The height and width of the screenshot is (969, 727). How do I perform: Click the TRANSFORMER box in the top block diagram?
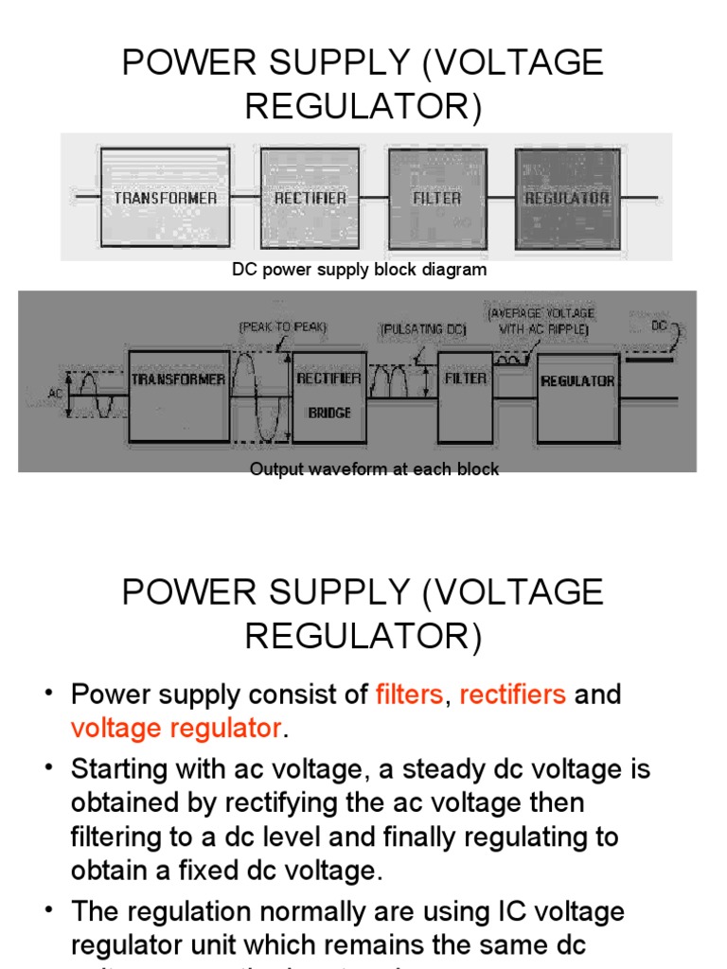[x=165, y=197]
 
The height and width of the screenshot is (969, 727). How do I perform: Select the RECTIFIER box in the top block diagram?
[x=310, y=197]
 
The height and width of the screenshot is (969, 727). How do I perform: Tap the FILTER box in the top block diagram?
[x=436, y=197]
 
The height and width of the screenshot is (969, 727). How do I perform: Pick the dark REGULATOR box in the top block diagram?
[x=567, y=197]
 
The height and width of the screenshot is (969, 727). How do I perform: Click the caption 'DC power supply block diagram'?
[x=360, y=270]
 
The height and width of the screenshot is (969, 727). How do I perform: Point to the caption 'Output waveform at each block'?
[x=374, y=469]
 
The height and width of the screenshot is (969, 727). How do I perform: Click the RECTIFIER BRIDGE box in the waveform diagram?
[x=329, y=396]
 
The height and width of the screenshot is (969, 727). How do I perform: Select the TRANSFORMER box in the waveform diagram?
[x=179, y=396]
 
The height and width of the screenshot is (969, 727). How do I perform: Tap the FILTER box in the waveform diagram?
[x=465, y=396]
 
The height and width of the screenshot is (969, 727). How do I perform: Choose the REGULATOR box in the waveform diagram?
[x=577, y=396]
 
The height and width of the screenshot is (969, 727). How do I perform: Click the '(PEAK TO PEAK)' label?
[x=282, y=326]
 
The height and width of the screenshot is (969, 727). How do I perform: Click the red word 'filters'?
[x=409, y=695]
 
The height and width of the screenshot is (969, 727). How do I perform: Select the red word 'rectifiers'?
[x=512, y=695]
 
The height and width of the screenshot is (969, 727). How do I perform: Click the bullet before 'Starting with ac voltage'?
[x=48, y=768]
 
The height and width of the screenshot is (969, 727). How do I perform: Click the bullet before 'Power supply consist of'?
[x=48, y=695]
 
